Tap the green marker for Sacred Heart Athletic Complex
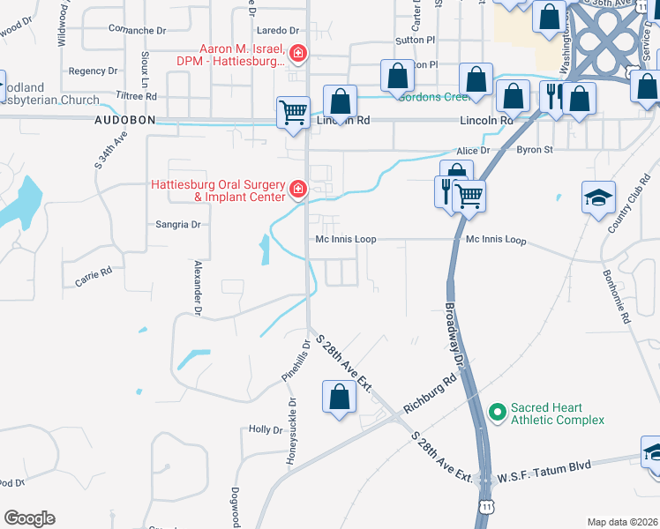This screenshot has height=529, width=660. [x=498, y=412]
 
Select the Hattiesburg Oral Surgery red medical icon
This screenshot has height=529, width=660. [x=297, y=190]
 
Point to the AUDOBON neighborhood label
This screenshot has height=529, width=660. [x=125, y=119]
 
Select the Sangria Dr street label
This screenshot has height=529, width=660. [x=178, y=225]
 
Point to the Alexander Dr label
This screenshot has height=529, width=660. [x=198, y=287]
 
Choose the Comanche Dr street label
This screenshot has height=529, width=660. [x=138, y=30]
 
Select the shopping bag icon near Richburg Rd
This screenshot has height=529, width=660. [x=339, y=397]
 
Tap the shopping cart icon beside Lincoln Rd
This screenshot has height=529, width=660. [x=293, y=112]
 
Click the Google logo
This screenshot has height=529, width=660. [x=29, y=518]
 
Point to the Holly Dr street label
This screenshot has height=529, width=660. [x=265, y=429]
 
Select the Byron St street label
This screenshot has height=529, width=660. [x=535, y=150]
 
